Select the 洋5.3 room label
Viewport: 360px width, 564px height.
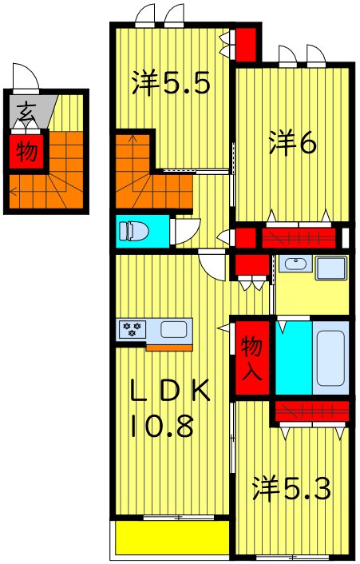point(291,487)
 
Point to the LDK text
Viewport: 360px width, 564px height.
point(170,391)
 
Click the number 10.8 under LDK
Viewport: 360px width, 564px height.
point(163,426)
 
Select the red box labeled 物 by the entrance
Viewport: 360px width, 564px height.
point(26,151)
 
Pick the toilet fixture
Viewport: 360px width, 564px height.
point(134,232)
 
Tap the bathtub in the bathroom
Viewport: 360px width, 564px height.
point(330,357)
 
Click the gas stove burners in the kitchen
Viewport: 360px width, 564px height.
point(132,328)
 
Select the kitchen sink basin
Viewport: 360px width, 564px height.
point(174,328)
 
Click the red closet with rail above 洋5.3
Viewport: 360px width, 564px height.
point(311,411)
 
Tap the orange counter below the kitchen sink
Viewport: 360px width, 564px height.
point(169,347)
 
